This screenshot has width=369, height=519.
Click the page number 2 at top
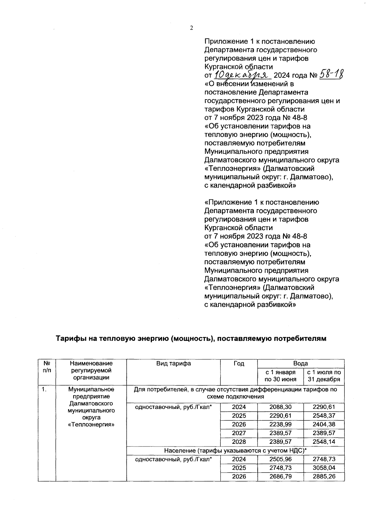[191, 28]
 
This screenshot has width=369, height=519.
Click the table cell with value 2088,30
[280, 407]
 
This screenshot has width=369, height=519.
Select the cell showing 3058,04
[323, 468]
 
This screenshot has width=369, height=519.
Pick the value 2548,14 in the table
[323, 442]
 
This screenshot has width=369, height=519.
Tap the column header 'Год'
[239, 364]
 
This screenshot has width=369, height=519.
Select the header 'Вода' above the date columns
[300, 364]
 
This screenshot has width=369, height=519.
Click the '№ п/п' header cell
[47, 367]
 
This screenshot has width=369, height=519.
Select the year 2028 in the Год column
[239, 442]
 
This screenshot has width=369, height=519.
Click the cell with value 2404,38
[323, 424]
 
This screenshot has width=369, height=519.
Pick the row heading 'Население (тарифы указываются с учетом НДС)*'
[235, 450]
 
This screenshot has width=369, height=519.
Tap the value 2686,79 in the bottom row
[280, 476]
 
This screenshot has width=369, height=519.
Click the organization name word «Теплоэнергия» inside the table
[91, 425]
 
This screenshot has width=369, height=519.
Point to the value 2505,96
[280, 459]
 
